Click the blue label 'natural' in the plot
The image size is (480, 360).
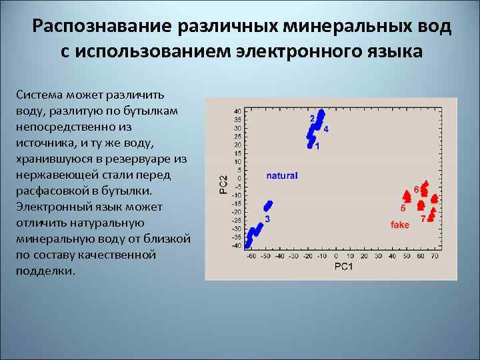coord(281,176)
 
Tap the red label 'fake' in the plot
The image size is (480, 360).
coord(400,225)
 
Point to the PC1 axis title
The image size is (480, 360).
coord(343,267)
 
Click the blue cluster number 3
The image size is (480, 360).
coord(267,219)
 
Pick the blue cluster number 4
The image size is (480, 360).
coord(325,129)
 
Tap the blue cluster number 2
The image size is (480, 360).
coord(312,118)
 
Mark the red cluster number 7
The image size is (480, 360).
coord(423,218)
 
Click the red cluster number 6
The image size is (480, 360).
coord(417,189)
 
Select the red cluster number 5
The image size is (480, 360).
coord(403,208)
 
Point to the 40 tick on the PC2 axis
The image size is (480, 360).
coord(238,111)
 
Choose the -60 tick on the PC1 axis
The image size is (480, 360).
coord(251,256)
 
